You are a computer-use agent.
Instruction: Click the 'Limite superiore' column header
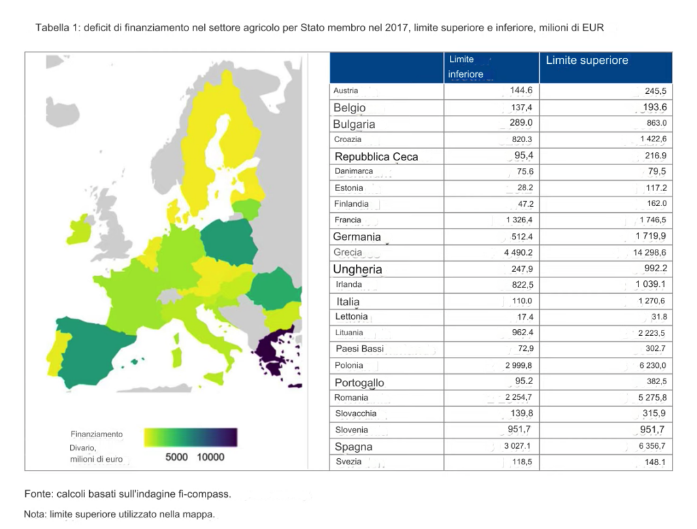tap(587, 61)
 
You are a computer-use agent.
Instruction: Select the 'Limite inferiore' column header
tap(466, 67)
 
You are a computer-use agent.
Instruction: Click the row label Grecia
tap(348, 252)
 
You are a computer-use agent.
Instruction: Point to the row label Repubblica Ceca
tap(376, 156)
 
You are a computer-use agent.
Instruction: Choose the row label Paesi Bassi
tap(359, 349)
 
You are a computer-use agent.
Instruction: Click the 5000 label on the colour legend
tap(176, 458)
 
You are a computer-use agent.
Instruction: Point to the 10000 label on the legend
tap(210, 458)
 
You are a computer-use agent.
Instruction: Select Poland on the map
tap(227, 242)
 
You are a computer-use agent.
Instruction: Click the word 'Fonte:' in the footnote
tap(38, 494)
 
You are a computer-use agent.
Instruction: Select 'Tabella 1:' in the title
tap(58, 29)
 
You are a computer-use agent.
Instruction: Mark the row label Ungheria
tap(357, 269)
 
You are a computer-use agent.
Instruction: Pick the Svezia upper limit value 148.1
tap(653, 463)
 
